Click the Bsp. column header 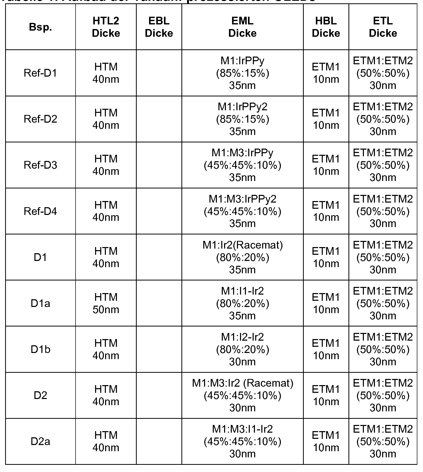40,27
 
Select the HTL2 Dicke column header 106,27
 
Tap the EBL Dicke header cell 159,27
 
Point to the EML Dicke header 242,27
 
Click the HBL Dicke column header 326,27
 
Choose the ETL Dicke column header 383,27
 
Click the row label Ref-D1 40,73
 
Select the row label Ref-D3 40,165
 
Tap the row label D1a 40,303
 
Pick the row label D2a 40,441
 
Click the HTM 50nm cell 106,303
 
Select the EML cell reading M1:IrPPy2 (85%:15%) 242,119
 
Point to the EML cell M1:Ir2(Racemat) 242,257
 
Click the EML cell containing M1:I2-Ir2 242,349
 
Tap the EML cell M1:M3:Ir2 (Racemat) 242,395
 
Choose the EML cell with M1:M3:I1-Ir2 242,441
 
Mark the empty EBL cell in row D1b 159,349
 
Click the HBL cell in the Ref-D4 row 326,211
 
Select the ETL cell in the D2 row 383,395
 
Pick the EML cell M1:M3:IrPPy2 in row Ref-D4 242,211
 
